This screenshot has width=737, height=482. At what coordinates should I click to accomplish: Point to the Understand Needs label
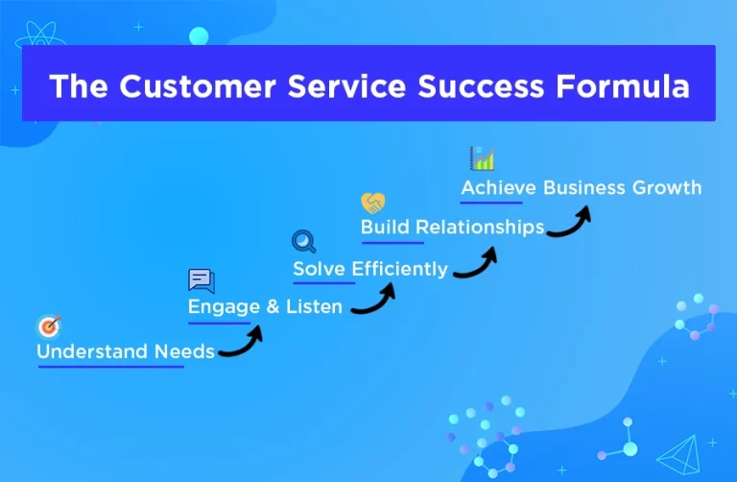(x=126, y=351)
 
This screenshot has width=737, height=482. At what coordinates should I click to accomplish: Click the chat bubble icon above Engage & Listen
(x=201, y=281)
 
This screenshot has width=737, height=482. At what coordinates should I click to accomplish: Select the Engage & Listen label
(x=265, y=307)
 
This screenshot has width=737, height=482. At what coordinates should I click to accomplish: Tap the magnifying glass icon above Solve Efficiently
(x=303, y=242)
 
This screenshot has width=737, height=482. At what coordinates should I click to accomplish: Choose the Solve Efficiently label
(x=370, y=269)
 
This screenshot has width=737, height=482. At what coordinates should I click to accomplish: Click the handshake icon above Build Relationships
(x=372, y=203)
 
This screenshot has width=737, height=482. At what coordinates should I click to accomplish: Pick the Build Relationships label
(x=452, y=228)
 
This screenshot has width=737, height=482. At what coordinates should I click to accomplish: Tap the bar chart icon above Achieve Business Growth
(x=481, y=158)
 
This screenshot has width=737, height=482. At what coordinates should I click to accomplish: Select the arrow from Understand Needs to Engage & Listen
(x=242, y=343)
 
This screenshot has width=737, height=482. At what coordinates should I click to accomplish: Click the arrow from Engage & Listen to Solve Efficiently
(x=374, y=300)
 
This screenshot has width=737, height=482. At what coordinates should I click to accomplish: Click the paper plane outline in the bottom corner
(x=682, y=453)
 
